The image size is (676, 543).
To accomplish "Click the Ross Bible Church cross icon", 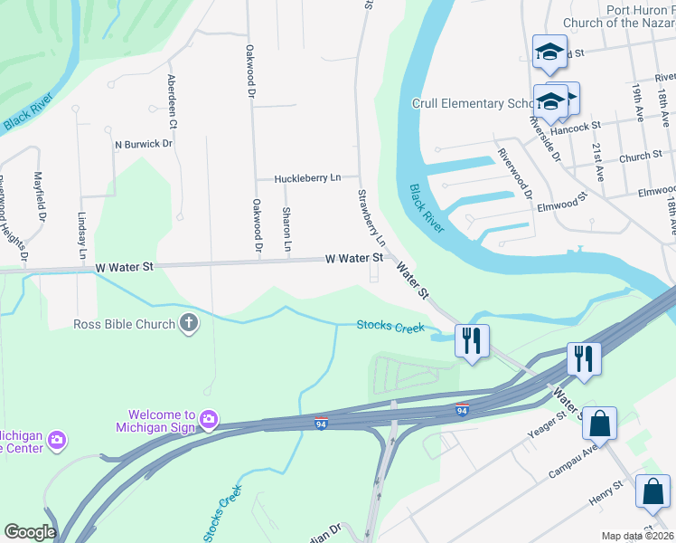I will pos(189,323).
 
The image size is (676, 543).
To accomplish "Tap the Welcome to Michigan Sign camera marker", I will pos(209,419).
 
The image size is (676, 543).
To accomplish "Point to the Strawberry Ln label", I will pos(371,218).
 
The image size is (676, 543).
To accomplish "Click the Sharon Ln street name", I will pos(286,229).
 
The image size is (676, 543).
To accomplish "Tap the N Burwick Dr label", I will pos(143,144).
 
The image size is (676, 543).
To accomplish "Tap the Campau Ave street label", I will pos(573,462).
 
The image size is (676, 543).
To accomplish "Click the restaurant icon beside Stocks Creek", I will pos(471,340).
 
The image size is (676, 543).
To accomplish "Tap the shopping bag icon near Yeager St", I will pos(599,423).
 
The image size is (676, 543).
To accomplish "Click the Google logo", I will pos(30,532).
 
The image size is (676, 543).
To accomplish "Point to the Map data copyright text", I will pos(638,536).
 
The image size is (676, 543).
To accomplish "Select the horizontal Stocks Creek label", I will pos(390,326).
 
